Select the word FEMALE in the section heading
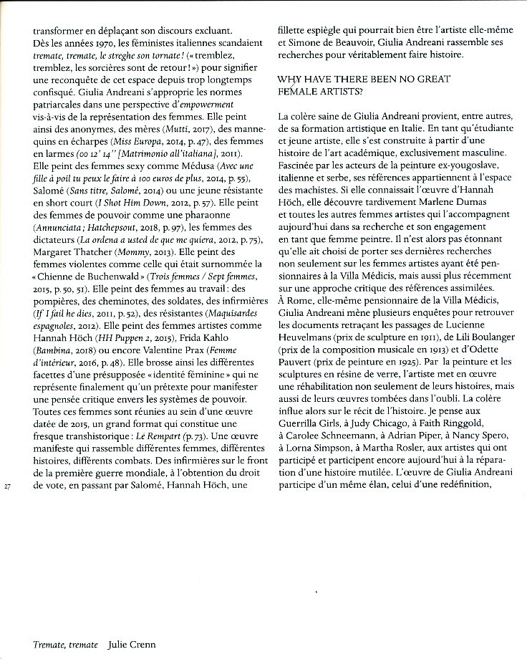[294, 92]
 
